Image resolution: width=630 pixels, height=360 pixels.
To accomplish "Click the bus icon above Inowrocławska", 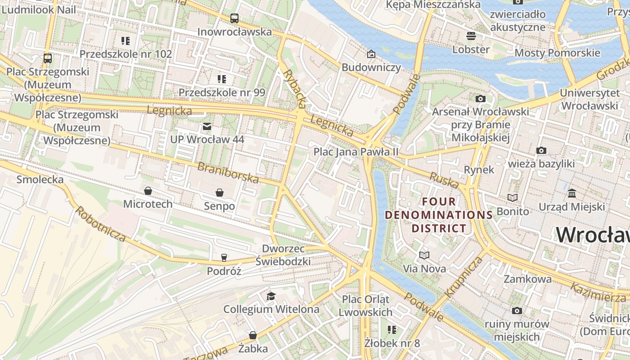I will (x=234, y=18).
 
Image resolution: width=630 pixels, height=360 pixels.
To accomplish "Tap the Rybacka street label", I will (x=295, y=89).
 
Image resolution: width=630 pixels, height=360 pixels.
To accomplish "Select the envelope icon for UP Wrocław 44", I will (x=207, y=126).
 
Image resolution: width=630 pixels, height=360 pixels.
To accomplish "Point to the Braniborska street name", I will (x=228, y=173).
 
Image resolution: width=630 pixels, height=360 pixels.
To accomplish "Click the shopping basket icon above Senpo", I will (x=220, y=193).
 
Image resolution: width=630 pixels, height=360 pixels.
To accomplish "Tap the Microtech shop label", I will (x=148, y=204).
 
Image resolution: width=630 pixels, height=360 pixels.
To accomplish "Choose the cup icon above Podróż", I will (x=224, y=258).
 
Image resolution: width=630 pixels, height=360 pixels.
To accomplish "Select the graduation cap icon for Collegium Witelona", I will (x=271, y=296).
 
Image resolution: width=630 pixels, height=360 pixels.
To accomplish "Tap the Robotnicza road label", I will (x=100, y=224).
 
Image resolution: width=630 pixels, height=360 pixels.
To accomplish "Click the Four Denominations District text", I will (x=439, y=215).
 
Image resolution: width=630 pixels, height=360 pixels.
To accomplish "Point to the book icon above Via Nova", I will (x=424, y=256).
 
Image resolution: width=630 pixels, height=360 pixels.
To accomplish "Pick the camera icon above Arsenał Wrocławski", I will (x=480, y=99).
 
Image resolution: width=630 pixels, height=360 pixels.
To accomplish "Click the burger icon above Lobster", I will (x=471, y=36).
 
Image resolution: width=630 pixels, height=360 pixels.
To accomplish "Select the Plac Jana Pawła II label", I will (x=356, y=152).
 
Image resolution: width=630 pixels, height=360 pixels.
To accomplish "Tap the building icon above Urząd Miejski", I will (x=572, y=193).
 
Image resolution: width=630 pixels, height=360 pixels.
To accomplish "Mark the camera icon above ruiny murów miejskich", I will (x=517, y=310).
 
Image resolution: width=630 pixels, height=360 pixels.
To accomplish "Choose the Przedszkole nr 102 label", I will (x=126, y=54).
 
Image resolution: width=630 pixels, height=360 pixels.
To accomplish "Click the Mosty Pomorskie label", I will (x=557, y=53).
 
